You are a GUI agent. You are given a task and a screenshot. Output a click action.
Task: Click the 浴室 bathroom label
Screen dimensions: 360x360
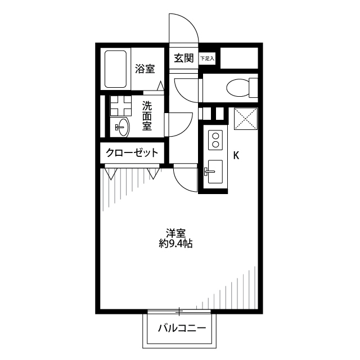coord(145,69)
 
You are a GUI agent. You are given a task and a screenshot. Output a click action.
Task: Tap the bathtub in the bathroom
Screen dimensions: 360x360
coord(115,69)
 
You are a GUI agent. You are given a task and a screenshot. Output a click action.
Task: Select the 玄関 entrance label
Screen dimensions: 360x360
coord(184,58)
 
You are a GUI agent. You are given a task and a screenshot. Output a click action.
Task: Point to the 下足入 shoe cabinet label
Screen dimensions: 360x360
coord(207,58)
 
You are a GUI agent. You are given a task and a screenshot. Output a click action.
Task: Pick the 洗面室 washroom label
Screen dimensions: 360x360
coord(147,116)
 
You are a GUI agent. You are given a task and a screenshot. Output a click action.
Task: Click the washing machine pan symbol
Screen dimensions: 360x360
coord(120,106)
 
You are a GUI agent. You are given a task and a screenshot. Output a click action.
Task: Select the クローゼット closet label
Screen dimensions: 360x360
coord(132,152)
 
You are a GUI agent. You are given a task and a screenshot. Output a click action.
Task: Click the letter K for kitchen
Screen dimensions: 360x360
coord(236,156)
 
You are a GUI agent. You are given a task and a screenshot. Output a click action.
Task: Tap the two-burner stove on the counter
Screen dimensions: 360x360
coord(215,140)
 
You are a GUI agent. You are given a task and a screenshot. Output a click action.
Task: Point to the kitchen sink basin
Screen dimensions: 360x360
coord(215,172)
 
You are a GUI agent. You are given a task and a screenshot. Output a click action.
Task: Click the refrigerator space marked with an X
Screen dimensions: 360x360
coord(246,119)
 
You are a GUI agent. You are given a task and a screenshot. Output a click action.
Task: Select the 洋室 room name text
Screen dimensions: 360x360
coord(176,233)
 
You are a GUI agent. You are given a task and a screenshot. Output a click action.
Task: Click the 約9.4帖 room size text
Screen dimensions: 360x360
coord(175,244)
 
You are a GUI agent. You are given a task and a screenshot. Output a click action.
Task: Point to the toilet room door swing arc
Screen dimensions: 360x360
coord(181,96)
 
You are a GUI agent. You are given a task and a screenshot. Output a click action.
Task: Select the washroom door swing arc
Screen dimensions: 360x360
coord(186,129)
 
